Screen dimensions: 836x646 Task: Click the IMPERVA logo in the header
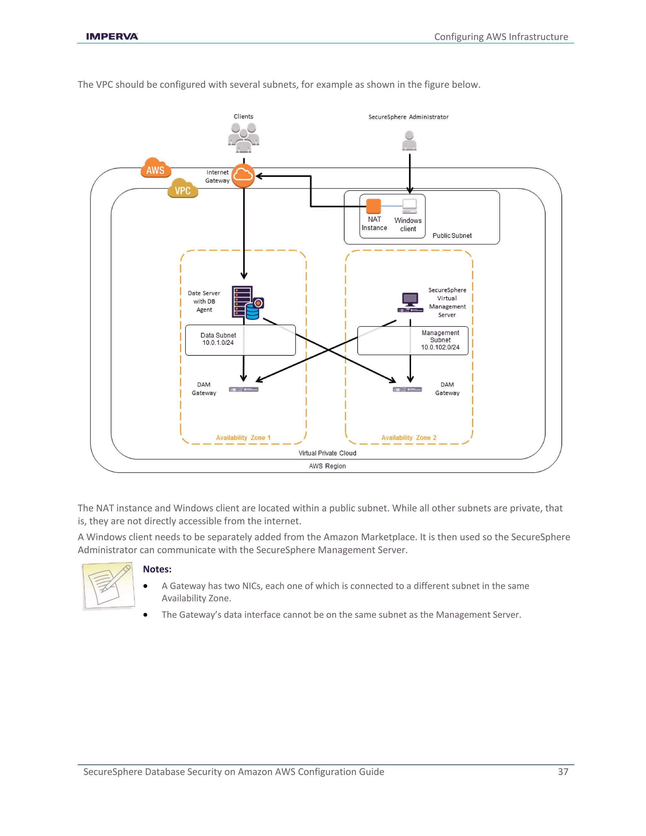(x=112, y=36)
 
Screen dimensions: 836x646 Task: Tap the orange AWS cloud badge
(x=156, y=168)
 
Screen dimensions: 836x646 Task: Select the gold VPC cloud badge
(x=183, y=189)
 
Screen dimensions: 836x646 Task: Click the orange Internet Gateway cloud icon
(x=243, y=176)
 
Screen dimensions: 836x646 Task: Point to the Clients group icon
(x=244, y=138)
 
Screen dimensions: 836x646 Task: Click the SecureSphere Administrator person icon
(x=409, y=141)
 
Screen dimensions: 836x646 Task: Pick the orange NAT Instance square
(x=373, y=206)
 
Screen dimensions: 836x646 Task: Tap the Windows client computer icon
(x=409, y=206)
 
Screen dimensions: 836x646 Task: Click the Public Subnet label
(x=452, y=236)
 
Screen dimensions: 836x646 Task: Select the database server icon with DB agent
(x=247, y=303)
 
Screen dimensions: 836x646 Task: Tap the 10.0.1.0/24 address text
(x=218, y=343)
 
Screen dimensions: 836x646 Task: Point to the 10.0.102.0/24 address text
(x=440, y=347)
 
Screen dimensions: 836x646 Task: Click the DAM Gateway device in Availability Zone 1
(x=244, y=389)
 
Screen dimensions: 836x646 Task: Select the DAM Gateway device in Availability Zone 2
(x=407, y=389)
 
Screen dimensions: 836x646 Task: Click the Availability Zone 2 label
(x=409, y=438)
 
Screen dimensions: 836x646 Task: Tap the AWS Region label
(x=327, y=466)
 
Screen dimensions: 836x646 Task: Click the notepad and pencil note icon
(x=109, y=586)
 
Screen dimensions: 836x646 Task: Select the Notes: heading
(x=157, y=569)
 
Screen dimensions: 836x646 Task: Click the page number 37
(x=563, y=772)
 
